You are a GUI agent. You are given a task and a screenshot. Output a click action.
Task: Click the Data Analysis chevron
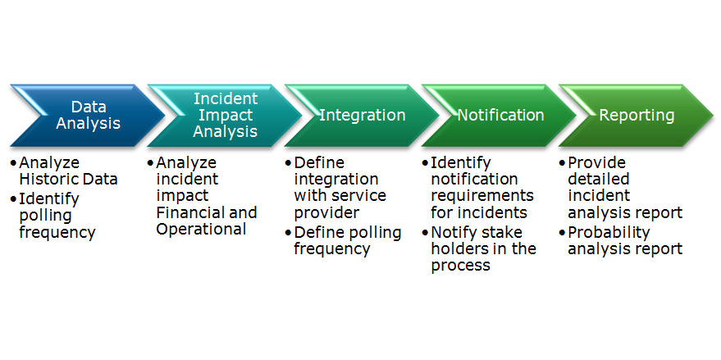click(x=88, y=116)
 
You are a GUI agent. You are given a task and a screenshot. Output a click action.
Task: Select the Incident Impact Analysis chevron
click(x=225, y=116)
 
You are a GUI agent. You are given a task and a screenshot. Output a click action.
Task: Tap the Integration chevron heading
click(x=362, y=116)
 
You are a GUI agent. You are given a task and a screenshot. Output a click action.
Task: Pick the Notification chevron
click(x=499, y=116)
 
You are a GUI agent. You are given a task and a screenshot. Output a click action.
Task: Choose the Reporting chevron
click(x=636, y=116)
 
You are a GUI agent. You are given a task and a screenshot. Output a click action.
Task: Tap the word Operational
click(x=201, y=229)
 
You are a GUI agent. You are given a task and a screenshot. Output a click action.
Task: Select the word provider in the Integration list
click(x=326, y=213)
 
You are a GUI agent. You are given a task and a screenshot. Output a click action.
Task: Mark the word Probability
click(x=609, y=233)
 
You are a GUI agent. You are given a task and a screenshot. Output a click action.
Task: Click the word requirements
click(x=482, y=196)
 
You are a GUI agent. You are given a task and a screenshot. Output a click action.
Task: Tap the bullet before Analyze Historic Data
click(x=13, y=163)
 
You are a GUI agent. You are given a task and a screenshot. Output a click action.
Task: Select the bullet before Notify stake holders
click(x=425, y=233)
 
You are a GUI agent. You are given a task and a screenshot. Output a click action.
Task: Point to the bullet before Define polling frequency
click(x=288, y=233)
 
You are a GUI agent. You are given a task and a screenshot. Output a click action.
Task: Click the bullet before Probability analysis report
click(x=562, y=233)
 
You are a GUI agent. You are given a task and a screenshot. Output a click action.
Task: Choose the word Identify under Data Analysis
click(x=49, y=199)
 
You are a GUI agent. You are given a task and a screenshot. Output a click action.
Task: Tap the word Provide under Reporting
click(x=597, y=162)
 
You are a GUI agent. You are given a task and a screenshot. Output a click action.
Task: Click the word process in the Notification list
click(x=461, y=267)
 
